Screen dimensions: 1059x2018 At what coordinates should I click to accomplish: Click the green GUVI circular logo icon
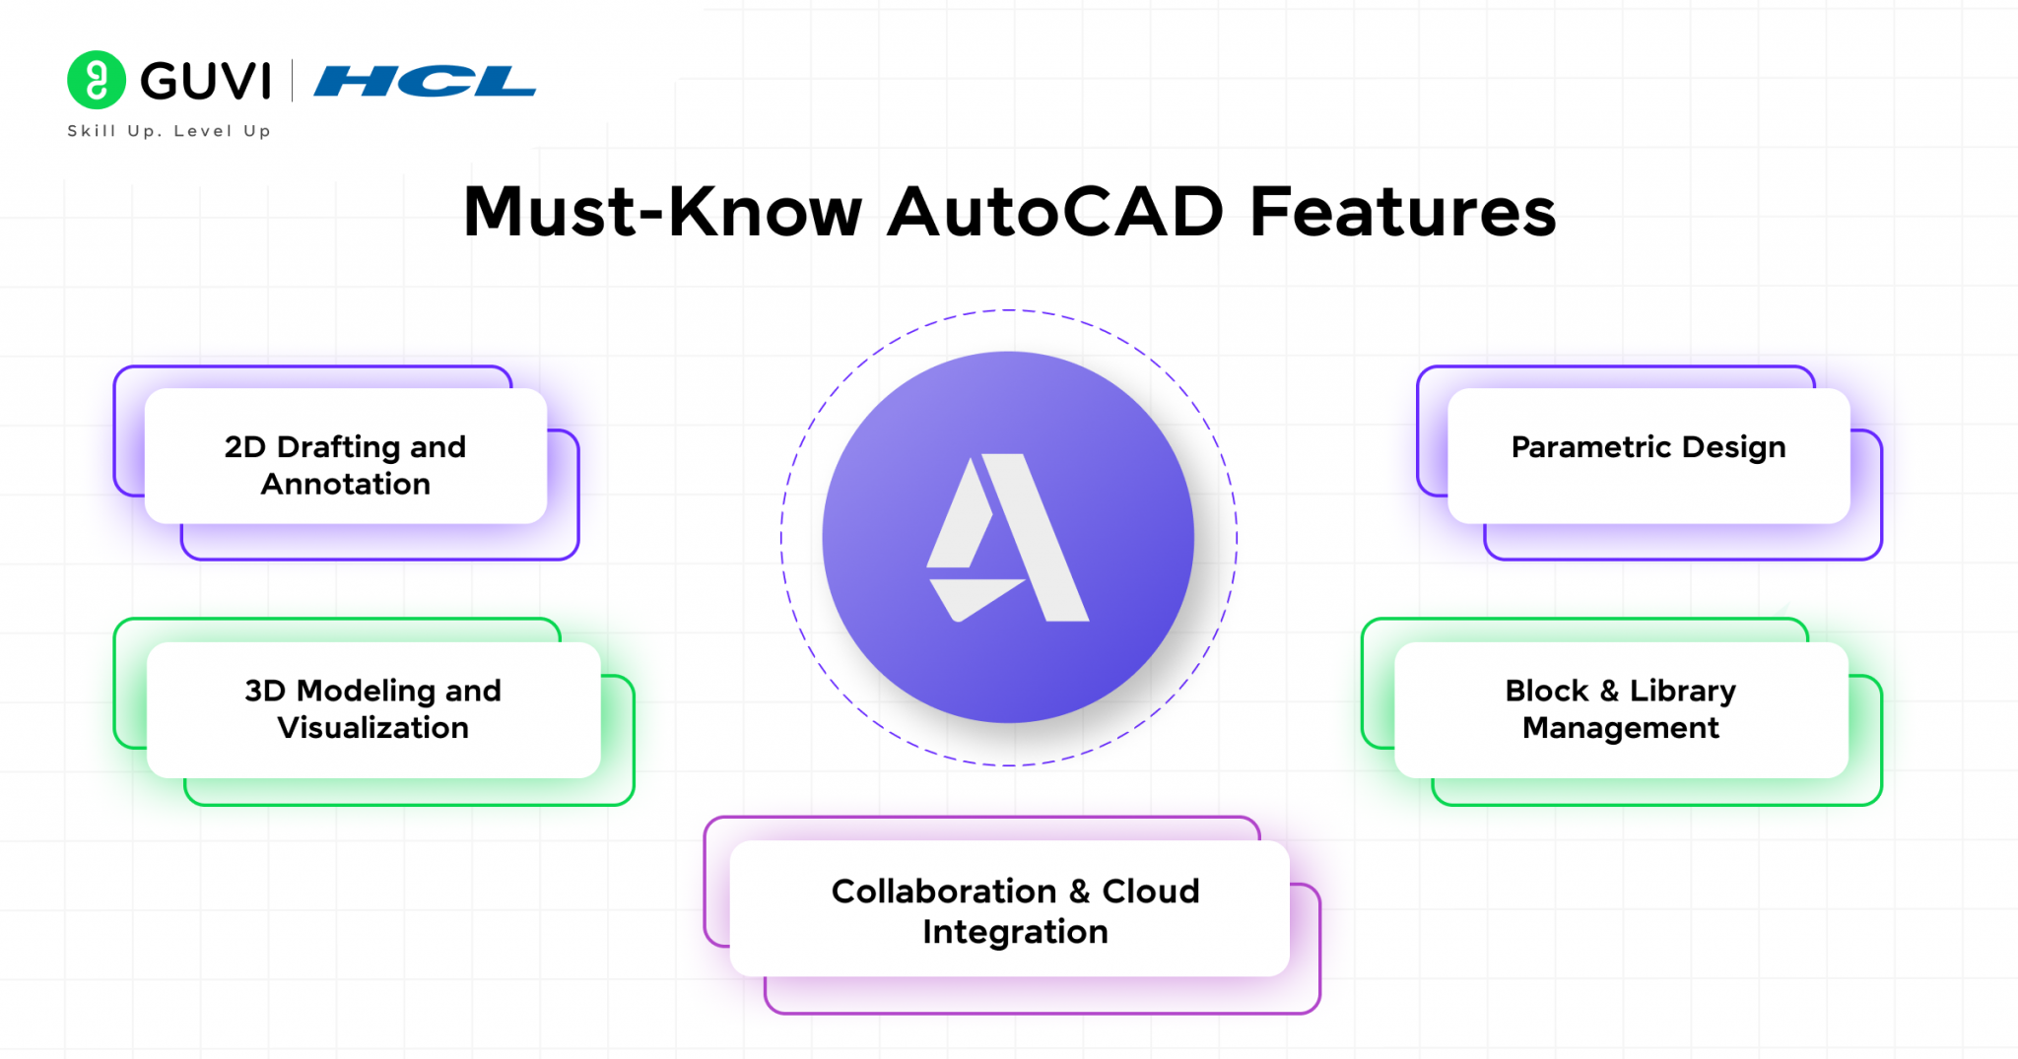coord(96,80)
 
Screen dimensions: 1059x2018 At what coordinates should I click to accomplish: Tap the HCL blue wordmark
coord(425,81)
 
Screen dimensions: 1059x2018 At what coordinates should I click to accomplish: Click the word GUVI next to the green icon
coord(206,81)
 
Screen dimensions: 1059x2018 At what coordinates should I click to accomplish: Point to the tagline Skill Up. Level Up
coord(168,131)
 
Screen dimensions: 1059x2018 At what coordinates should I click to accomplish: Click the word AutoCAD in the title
coord(1055,212)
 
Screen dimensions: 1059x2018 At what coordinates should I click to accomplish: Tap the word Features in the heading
coord(1402,212)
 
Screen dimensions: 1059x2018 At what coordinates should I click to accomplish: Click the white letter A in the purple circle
coord(1009,538)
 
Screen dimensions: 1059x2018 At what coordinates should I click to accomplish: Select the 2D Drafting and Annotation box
coord(345,456)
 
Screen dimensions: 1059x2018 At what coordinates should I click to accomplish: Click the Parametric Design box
coord(1648,456)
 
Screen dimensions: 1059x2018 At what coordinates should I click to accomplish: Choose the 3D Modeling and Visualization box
coord(372,709)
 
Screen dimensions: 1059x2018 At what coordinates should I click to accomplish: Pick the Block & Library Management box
coord(1620,709)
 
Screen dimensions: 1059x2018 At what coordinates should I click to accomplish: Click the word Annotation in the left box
coord(345,485)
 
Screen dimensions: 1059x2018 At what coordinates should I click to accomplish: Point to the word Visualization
coord(372,728)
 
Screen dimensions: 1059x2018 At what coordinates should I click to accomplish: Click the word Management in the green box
coord(1620,728)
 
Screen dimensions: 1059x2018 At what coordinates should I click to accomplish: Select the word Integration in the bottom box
coord(1015,932)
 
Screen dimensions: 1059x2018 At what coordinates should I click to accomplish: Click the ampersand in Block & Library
coord(1609,692)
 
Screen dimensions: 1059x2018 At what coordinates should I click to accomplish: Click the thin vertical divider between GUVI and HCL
coord(293,81)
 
